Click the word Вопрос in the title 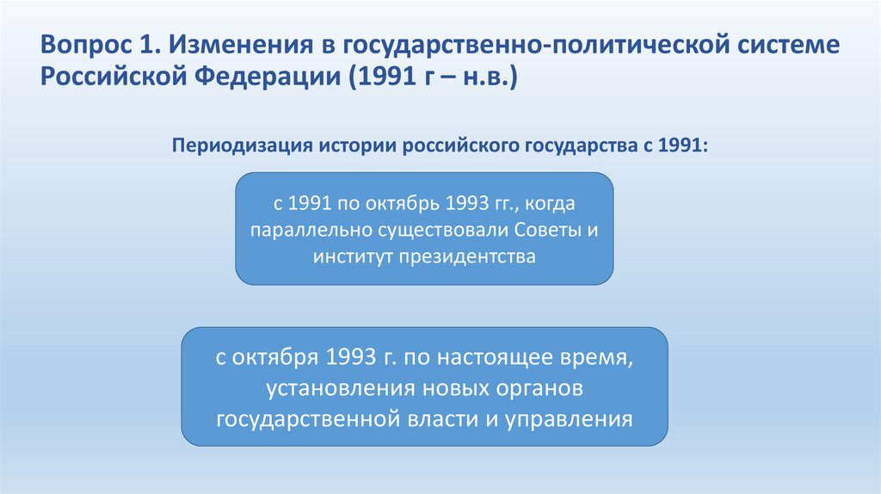(x=80, y=46)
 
